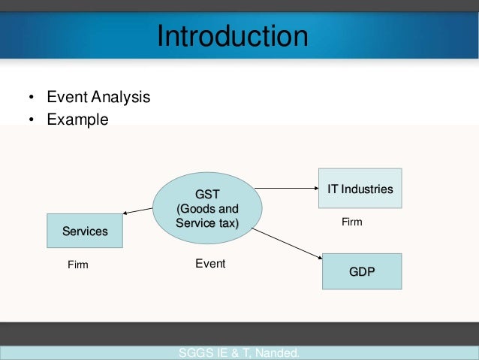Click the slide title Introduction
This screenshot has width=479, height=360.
pyautogui.click(x=232, y=36)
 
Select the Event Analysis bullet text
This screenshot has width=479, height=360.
pyautogui.click(x=98, y=98)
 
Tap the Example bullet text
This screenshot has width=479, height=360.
pyautogui.click(x=77, y=119)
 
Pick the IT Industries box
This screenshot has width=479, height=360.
pyautogui.click(x=360, y=189)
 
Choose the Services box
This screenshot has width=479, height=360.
pyautogui.click(x=85, y=231)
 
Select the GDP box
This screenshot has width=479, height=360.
pyautogui.click(x=361, y=271)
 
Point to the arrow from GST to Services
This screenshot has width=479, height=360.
pyautogui.click(x=138, y=213)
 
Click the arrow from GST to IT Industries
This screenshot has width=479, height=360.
pyautogui.click(x=288, y=192)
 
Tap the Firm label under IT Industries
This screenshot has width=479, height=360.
pyautogui.click(x=351, y=222)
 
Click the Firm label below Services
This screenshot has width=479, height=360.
pyautogui.click(x=77, y=265)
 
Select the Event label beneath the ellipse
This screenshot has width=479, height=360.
pyautogui.click(x=210, y=264)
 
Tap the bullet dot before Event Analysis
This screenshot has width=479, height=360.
pyautogui.click(x=31, y=98)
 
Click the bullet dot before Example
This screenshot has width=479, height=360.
pyautogui.click(x=31, y=120)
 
